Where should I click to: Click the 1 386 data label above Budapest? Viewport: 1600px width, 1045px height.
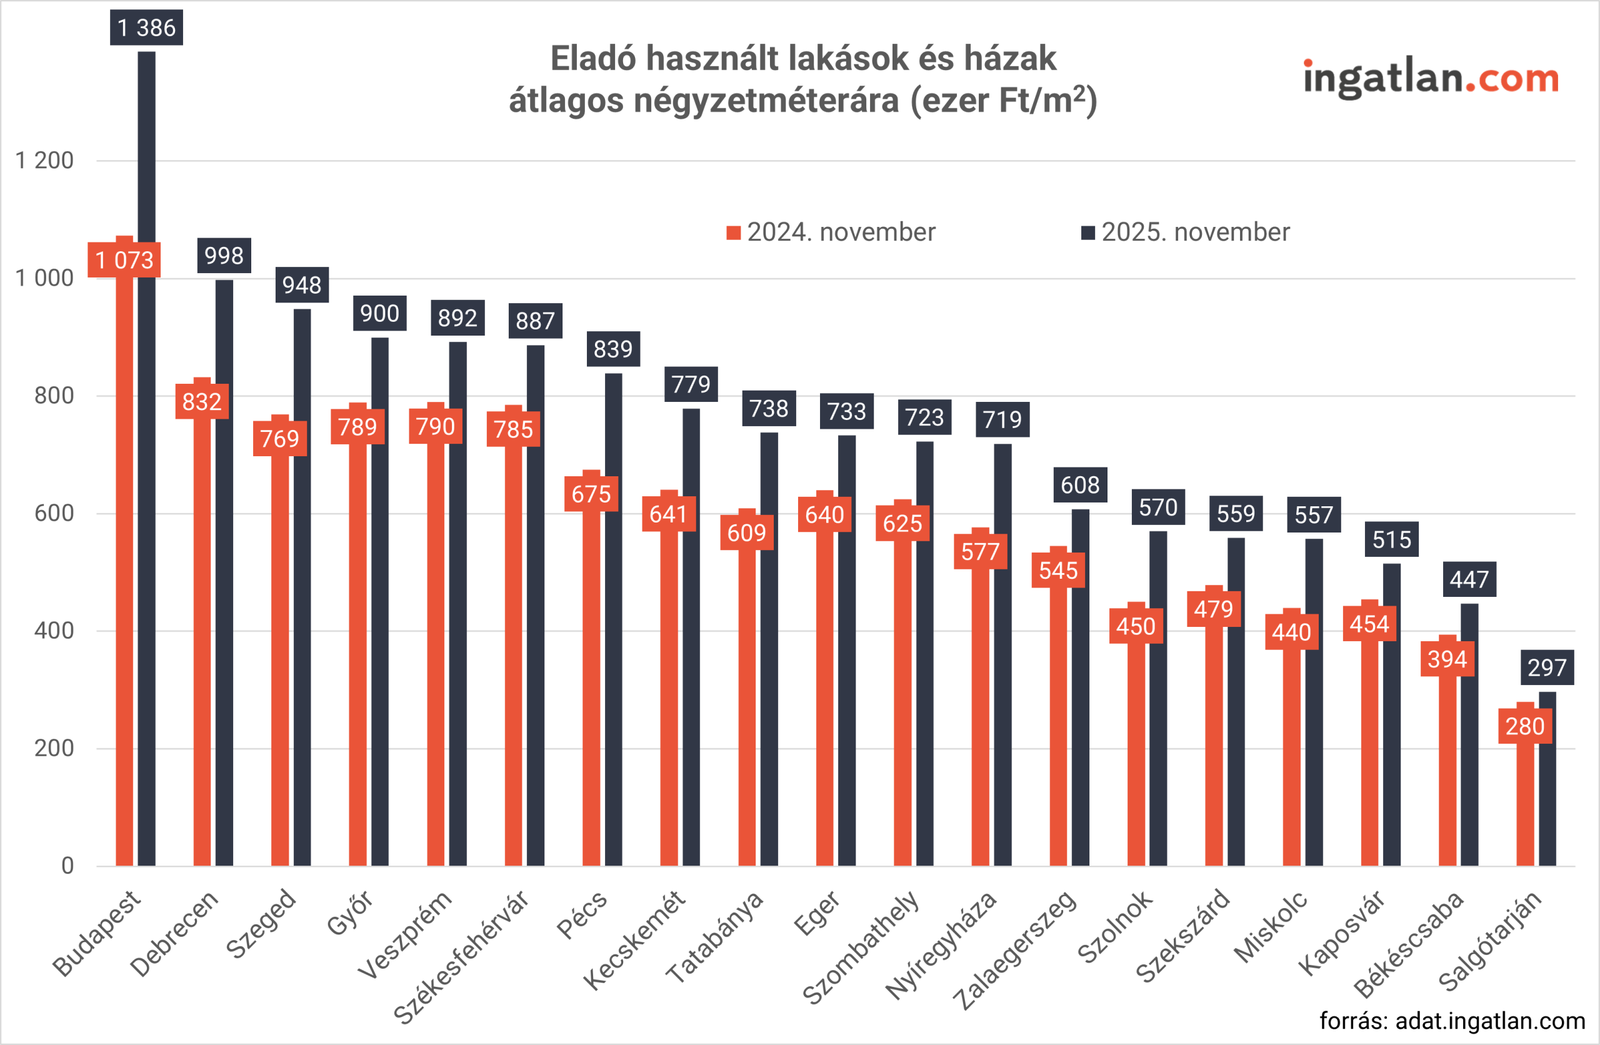click(146, 27)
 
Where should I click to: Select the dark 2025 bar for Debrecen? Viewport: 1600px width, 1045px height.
click(224, 572)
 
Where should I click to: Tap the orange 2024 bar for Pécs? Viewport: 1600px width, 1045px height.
click(591, 686)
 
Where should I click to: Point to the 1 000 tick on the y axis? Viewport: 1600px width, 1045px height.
click(44, 277)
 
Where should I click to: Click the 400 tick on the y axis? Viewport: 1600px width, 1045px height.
click(54, 631)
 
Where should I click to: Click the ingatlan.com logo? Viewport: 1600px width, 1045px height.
click(1431, 79)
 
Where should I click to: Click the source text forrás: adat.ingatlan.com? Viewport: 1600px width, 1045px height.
click(1452, 1021)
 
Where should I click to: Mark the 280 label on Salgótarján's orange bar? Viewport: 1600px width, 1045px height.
click(1525, 727)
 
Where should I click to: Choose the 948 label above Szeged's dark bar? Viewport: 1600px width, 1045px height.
click(302, 285)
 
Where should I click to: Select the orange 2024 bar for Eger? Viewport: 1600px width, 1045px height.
click(824, 699)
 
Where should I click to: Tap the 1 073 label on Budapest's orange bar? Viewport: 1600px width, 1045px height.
click(124, 260)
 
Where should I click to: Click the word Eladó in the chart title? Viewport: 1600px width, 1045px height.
click(593, 59)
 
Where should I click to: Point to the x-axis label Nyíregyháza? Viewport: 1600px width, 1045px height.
click(941, 945)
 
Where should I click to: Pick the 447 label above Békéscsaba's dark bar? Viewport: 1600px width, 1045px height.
click(1469, 579)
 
